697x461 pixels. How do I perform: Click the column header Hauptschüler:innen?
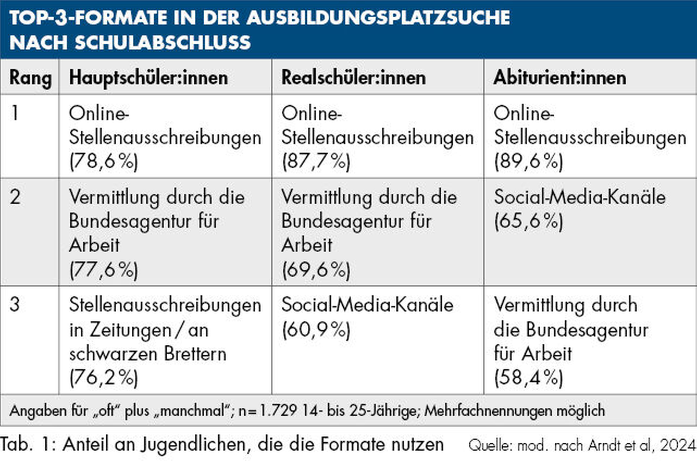click(x=149, y=78)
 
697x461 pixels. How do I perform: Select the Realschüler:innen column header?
click(x=353, y=78)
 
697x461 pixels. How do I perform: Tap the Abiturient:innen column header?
click(x=560, y=78)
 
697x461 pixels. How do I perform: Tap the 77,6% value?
click(x=104, y=270)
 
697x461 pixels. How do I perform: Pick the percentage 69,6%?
click(x=316, y=270)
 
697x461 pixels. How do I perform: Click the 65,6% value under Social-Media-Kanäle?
click(x=528, y=221)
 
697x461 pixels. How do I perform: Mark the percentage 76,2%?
click(x=104, y=378)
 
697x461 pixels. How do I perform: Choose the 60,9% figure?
click(x=316, y=330)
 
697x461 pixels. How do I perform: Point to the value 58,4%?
click(x=528, y=378)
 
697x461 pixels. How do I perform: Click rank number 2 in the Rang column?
click(x=15, y=197)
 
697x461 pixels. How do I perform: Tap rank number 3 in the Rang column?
click(x=15, y=305)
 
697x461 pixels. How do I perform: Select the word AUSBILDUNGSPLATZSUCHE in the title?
click(x=378, y=18)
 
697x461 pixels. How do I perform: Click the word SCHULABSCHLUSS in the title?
click(x=163, y=43)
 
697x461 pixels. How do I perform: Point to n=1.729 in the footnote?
click(x=267, y=411)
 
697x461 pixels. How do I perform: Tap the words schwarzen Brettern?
click(x=147, y=354)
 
